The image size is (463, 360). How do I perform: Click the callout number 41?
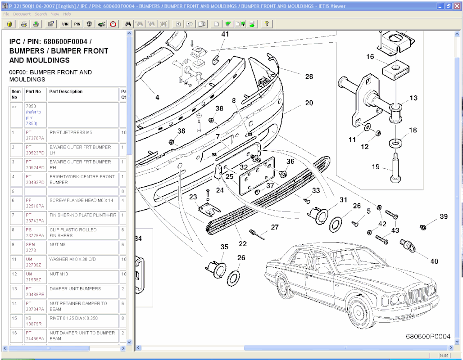click(225, 34)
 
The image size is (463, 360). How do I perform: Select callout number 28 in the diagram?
click(309, 76)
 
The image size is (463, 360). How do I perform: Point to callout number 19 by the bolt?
click(376, 167)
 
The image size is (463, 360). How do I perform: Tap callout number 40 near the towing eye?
click(434, 261)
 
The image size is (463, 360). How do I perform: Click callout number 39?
click(444, 216)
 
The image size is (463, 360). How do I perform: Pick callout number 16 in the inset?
click(370, 57)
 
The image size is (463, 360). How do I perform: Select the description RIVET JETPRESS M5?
click(70, 133)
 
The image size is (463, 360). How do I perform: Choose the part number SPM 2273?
click(31, 247)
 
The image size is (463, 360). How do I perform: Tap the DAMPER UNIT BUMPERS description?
click(75, 289)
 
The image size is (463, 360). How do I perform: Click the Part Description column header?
click(66, 92)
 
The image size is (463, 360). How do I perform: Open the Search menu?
click(41, 14)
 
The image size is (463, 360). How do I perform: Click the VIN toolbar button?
click(65, 24)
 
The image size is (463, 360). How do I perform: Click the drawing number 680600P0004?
click(428, 337)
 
